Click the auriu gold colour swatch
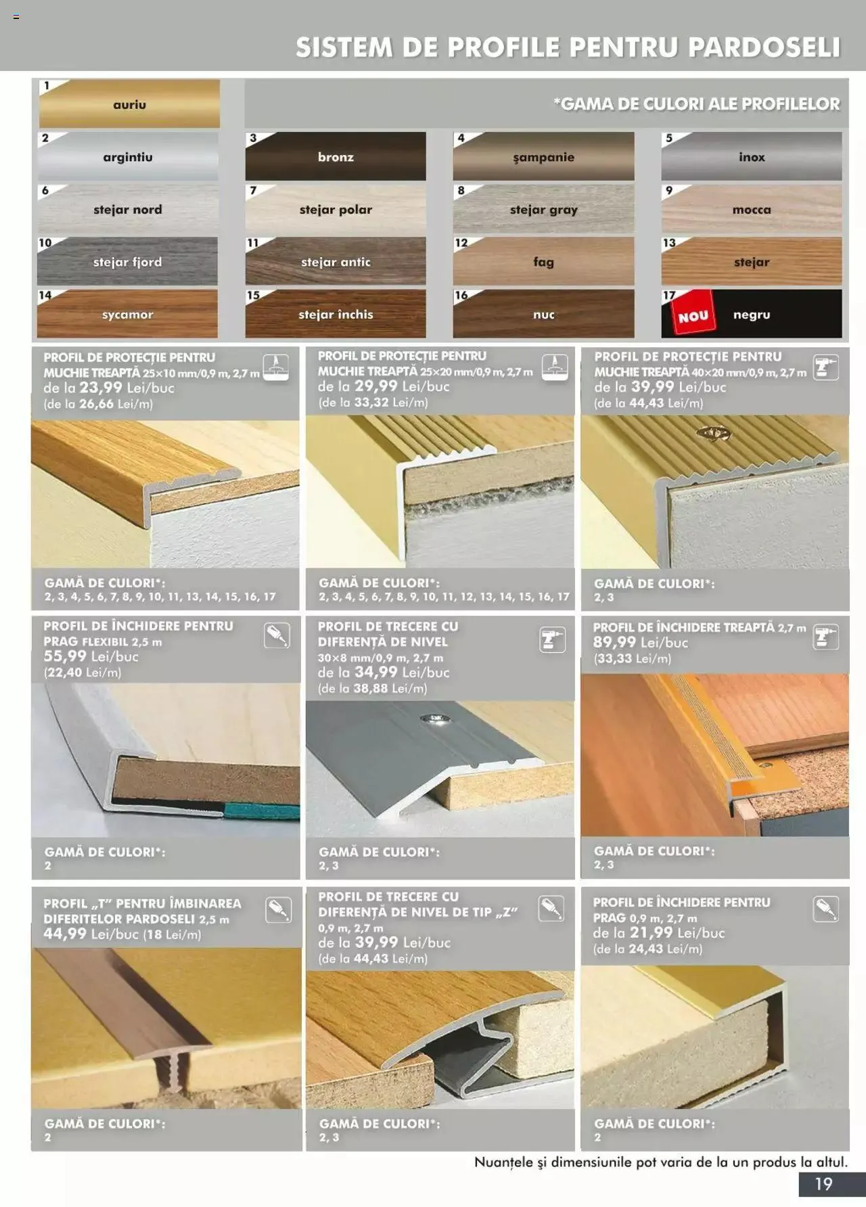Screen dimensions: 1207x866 point(129,104)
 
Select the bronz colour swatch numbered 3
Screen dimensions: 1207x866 point(336,156)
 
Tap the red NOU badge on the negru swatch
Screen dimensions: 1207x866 point(693,316)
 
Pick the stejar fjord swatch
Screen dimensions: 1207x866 point(127,262)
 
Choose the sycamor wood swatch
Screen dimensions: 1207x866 point(127,315)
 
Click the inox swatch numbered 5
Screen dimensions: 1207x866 point(752,156)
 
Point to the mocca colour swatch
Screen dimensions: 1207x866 point(752,209)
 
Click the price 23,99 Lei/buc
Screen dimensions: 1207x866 point(101,388)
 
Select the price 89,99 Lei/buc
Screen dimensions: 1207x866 point(615,643)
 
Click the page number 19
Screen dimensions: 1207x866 point(823,1184)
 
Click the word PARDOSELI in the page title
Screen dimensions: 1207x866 point(764,47)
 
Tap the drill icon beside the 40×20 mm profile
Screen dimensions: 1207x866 point(825,368)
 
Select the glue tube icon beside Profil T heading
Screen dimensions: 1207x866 point(278,910)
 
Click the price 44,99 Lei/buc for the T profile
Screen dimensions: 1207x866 point(65,934)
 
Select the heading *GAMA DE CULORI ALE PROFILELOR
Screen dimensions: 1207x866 point(696,104)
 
